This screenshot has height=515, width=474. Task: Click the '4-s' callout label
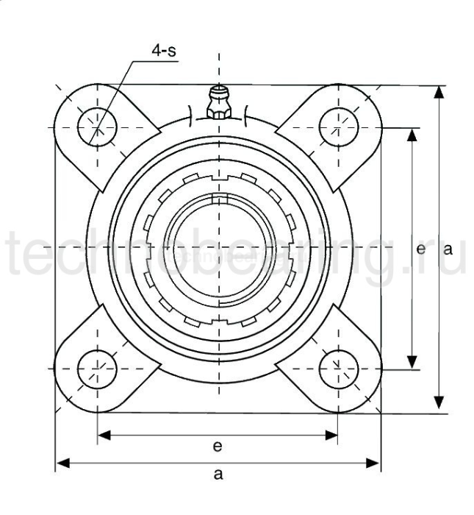pyautogui.click(x=165, y=51)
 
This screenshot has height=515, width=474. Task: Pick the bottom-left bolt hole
pyautogui.click(x=98, y=368)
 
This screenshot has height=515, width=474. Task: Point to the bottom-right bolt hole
pyautogui.click(x=339, y=368)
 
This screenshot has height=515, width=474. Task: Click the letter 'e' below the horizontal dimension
pyautogui.click(x=218, y=446)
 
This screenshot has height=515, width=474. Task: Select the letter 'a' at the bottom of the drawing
pyautogui.click(x=218, y=475)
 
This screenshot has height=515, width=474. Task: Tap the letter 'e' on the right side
pyautogui.click(x=420, y=249)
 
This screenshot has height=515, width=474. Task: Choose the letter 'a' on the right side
pyautogui.click(x=447, y=249)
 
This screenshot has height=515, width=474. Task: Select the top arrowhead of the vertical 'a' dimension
pyautogui.click(x=439, y=92)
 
